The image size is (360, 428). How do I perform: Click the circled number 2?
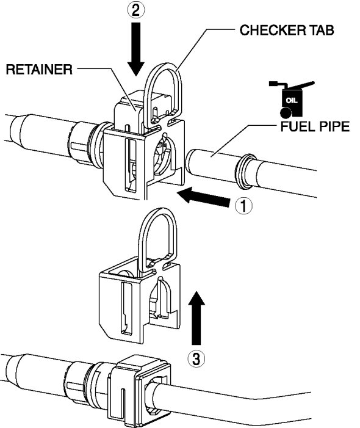pyautogui.click(x=136, y=10)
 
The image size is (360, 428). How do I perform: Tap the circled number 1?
pyautogui.click(x=243, y=206)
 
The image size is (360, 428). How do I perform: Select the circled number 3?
pyautogui.click(x=196, y=358)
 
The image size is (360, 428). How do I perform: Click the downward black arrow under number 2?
pyautogui.click(x=136, y=49)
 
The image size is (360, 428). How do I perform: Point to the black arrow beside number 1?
pyautogui.click(x=204, y=197)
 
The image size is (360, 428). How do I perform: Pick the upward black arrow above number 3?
pyautogui.click(x=196, y=317)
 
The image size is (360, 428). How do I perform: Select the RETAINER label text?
pyautogui.click(x=39, y=70)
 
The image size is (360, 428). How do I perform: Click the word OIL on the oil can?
pyautogui.click(x=292, y=101)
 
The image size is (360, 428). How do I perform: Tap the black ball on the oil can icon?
pyautogui.click(x=286, y=112)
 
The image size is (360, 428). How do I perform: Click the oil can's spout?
pyautogui.click(x=301, y=85)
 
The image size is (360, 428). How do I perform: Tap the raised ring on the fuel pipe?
pyautogui.click(x=247, y=172)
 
